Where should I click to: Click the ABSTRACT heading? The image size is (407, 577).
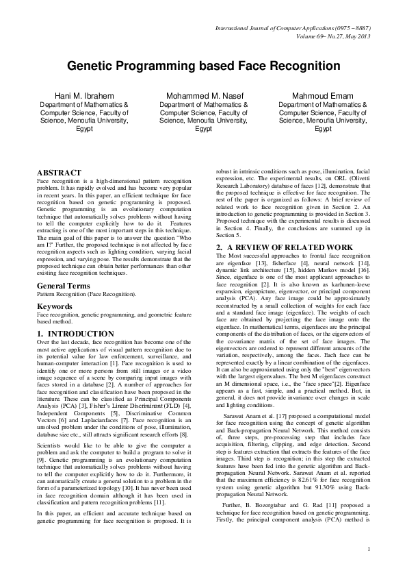tap(59, 172)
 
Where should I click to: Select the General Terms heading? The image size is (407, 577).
tap(66, 284)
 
